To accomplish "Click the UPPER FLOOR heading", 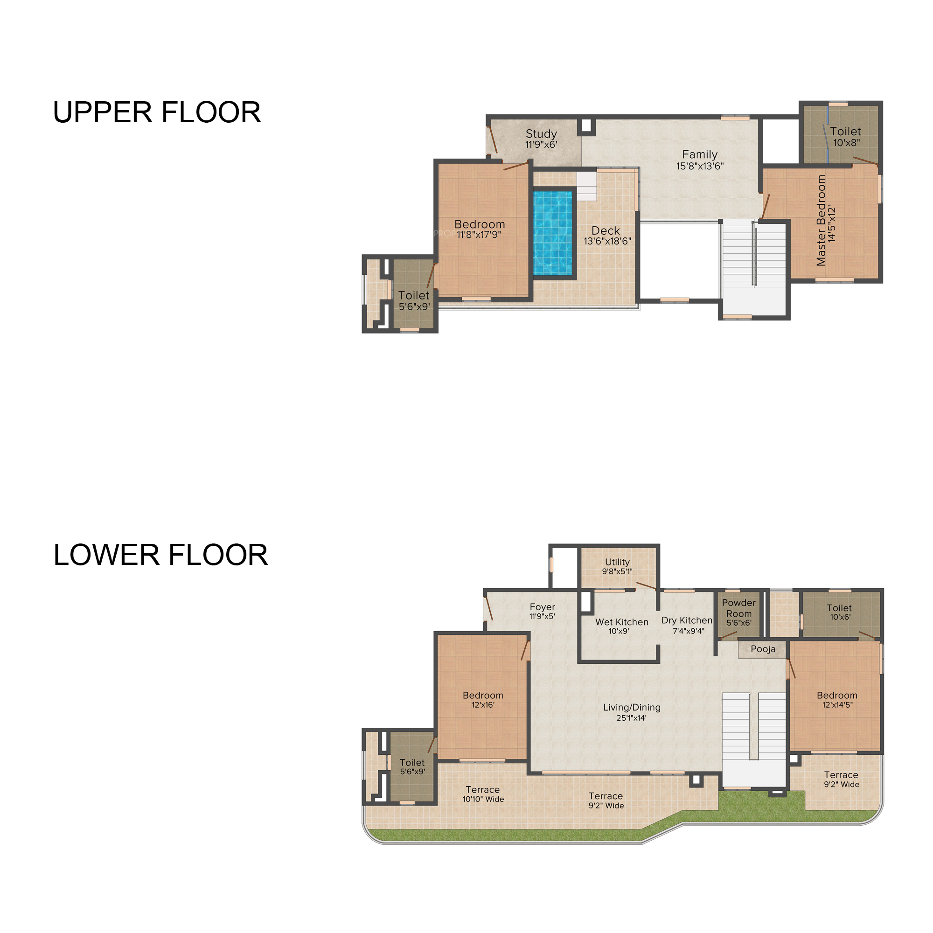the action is [x=157, y=112].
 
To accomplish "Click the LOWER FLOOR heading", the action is [x=160, y=555].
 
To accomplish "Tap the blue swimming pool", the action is [x=553, y=233].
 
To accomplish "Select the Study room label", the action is [x=541, y=134].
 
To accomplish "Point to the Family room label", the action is [x=700, y=154].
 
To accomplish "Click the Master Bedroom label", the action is [x=821, y=221].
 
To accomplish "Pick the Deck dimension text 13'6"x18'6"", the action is [x=607, y=241].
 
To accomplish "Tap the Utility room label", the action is [x=617, y=562].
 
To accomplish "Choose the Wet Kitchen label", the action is [x=621, y=622].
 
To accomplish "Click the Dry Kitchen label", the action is [x=687, y=620].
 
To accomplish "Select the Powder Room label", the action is [x=739, y=608].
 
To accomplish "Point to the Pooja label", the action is [x=763, y=649].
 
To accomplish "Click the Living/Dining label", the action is [x=632, y=708].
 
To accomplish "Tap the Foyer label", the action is [x=543, y=607].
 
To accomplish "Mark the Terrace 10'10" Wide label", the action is [x=483, y=794].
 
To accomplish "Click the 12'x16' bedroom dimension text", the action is [x=483, y=705].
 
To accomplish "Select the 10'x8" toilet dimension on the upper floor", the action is [x=847, y=143].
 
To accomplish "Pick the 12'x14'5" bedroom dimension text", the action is [x=837, y=705].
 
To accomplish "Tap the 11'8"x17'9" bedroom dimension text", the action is [x=479, y=235].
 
